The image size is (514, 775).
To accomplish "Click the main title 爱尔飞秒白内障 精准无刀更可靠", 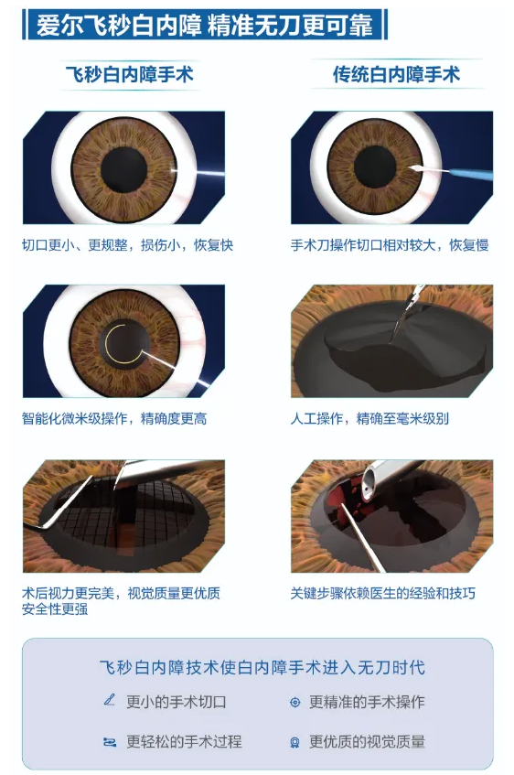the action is click(205, 26).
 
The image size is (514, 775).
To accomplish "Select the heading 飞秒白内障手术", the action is click(130, 75).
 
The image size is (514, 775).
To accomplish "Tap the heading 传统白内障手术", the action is click(396, 75).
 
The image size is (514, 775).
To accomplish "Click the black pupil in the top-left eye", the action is click(124, 169).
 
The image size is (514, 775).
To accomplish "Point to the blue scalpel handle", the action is click(470, 174).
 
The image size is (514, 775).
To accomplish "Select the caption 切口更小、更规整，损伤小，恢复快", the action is click(127, 245).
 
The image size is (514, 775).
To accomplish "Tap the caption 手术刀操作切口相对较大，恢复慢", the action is click(390, 245).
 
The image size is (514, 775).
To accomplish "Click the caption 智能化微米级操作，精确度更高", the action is click(114, 419).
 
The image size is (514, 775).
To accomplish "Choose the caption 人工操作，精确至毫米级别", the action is click(369, 419).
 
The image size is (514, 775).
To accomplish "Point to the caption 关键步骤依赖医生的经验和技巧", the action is click(382, 593).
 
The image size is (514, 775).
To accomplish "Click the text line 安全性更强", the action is click(55, 609).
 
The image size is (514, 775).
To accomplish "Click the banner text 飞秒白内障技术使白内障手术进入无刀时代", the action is click(262, 667).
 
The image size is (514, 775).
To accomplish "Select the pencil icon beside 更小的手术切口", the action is click(109, 700).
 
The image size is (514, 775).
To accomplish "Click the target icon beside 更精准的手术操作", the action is click(295, 702).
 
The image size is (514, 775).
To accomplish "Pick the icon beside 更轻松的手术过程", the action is click(109, 742).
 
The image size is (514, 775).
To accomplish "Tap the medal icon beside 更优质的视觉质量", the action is click(295, 742).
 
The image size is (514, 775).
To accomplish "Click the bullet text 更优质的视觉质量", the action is click(368, 741).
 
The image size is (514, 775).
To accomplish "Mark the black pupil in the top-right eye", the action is click(375, 167).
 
